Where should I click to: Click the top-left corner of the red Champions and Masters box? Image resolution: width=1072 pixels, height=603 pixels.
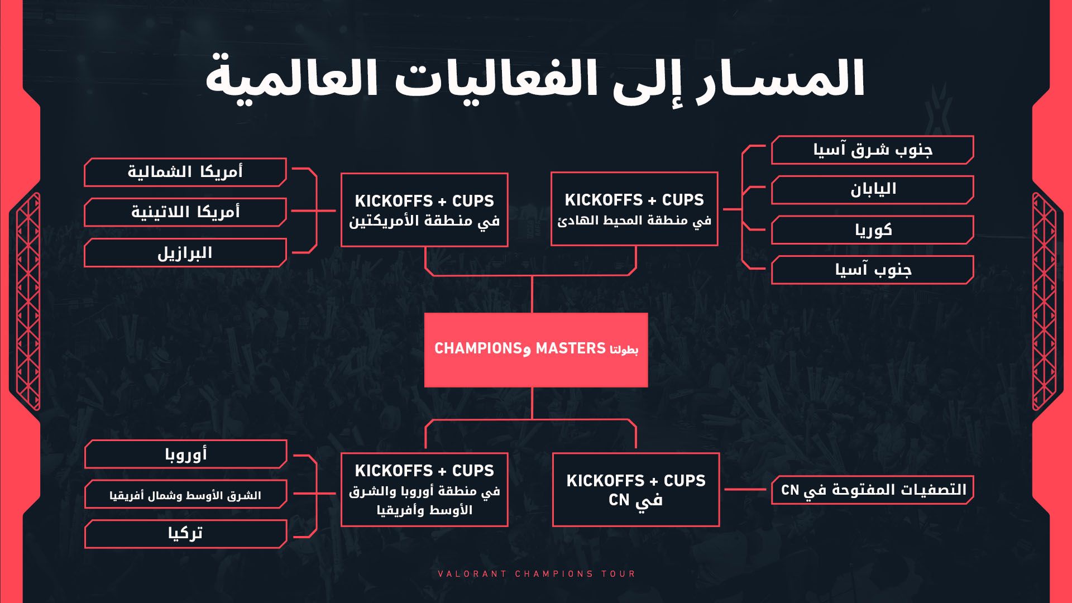point(424,313)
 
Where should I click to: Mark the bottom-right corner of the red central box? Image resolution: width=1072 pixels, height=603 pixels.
point(648,387)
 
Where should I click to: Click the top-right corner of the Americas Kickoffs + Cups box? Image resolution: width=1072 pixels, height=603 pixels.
point(508,173)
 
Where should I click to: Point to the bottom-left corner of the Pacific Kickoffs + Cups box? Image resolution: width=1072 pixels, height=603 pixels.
point(551,245)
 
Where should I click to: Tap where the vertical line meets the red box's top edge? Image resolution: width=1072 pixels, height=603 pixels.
point(532,313)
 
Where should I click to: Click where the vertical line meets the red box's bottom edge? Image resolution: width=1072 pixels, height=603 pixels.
point(532,387)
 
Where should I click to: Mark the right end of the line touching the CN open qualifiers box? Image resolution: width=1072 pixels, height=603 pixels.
point(766,489)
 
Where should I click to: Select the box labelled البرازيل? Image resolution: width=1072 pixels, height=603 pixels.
point(185,252)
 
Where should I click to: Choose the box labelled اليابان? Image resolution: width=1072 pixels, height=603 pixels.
point(873,190)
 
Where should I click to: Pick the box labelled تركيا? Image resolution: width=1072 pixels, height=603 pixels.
point(185,534)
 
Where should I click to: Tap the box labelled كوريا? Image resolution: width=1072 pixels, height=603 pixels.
point(873,230)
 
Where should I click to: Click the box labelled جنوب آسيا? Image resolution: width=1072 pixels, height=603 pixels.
point(873,270)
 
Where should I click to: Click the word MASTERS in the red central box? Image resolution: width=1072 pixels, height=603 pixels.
point(571,349)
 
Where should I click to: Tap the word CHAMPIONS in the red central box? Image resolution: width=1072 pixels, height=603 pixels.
point(478,349)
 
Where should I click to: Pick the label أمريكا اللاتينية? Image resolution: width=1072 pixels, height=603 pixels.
point(185,212)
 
